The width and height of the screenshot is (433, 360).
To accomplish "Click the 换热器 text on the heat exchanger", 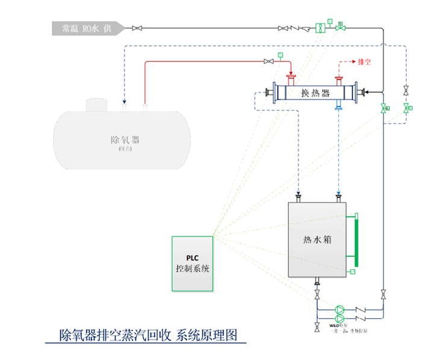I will tap(315, 93).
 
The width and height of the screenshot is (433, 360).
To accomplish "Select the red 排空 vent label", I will tap(364, 61).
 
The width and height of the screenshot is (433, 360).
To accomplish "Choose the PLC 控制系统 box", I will tap(193, 264).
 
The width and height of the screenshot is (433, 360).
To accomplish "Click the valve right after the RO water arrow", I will tap(137, 28).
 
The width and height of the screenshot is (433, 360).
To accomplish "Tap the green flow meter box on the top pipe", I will tap(320, 28).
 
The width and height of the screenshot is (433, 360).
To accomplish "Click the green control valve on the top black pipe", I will tap(341, 27).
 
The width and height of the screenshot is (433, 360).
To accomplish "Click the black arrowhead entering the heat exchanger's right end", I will tap(369, 93).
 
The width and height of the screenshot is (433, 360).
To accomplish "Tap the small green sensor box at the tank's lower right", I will tap(352, 273).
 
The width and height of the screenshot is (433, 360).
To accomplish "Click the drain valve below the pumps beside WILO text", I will tap(317, 327).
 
